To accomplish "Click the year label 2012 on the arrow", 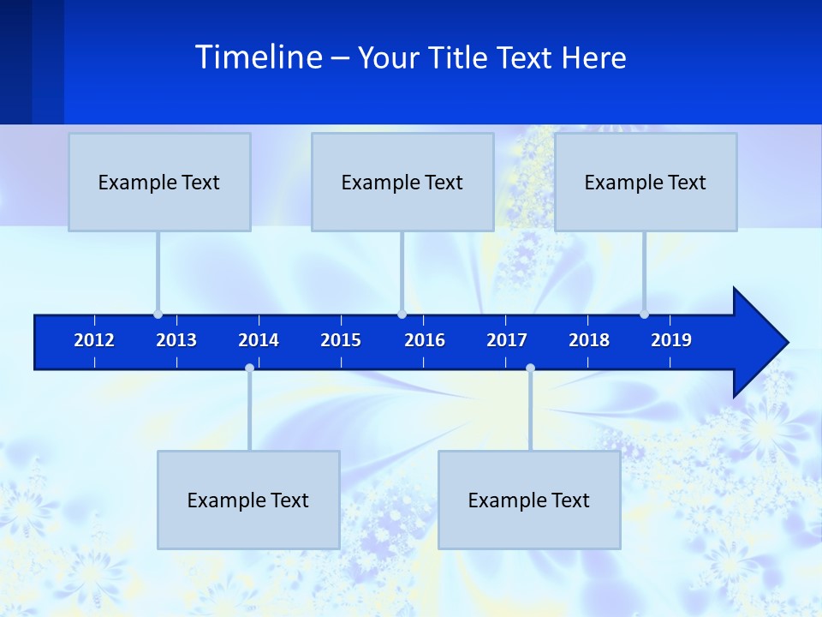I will [x=94, y=340].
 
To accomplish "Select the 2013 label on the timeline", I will [x=176, y=340].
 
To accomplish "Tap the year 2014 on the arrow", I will [x=259, y=340].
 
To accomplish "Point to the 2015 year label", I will [x=341, y=340].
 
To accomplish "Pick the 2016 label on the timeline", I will [x=425, y=340].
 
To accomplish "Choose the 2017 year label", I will [x=507, y=340].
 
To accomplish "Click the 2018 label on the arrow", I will [x=589, y=340].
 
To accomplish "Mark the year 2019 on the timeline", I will [x=671, y=340].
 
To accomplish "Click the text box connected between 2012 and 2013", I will [x=159, y=182].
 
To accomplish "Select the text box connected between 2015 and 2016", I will [x=402, y=182].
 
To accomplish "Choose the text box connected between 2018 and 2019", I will [x=646, y=182].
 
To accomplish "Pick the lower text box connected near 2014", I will [x=248, y=500].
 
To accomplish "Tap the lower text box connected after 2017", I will [x=529, y=500].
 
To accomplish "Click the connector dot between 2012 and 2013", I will [x=158, y=314].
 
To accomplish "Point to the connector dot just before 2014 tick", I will [x=249, y=368].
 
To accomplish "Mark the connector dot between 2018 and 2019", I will [x=644, y=314].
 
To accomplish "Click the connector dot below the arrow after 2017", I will [x=530, y=368].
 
